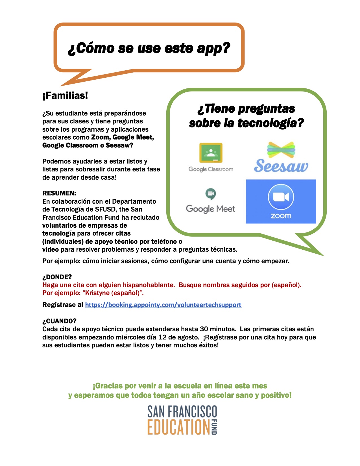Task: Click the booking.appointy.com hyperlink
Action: (x=163, y=305)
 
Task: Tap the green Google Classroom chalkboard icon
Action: (x=211, y=153)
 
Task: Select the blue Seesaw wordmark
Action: (x=281, y=166)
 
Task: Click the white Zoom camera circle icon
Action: (x=281, y=197)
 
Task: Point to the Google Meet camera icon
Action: (x=210, y=194)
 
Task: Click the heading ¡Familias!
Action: (x=65, y=95)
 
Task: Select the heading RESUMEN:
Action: (x=59, y=193)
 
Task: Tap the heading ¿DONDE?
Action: (x=57, y=277)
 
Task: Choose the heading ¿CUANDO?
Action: (x=59, y=321)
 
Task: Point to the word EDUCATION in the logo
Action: (x=179, y=427)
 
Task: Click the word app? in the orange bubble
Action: (x=213, y=48)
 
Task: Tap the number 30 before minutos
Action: (x=204, y=329)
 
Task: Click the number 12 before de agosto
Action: (x=162, y=337)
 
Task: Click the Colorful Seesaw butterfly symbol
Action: (x=281, y=150)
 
